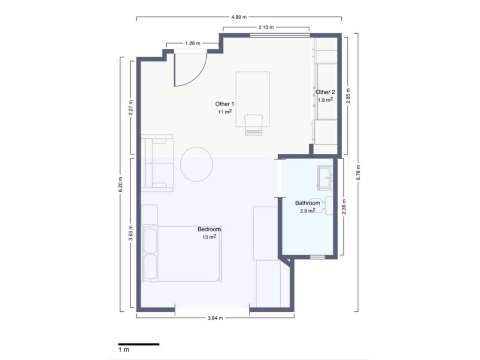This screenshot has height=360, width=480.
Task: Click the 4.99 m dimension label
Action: [x=239, y=17]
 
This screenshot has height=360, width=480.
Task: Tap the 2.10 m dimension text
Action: [x=266, y=27]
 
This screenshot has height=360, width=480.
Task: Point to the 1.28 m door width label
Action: [x=193, y=43]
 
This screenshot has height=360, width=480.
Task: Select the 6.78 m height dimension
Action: [x=359, y=172]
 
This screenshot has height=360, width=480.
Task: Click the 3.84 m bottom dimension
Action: [x=215, y=318]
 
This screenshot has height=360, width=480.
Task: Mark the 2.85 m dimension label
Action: [x=348, y=96]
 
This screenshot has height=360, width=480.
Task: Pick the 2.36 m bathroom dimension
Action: [x=344, y=207]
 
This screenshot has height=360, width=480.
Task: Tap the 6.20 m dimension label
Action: [x=120, y=184]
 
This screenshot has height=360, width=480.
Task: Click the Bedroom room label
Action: [x=209, y=229]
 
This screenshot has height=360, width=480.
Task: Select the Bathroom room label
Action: [x=307, y=203]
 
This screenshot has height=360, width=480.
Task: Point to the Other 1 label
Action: [x=225, y=104]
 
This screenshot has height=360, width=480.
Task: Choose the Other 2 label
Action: [x=325, y=92]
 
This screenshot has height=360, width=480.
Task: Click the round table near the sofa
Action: [x=196, y=165]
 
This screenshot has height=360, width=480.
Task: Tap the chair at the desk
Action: [x=254, y=125]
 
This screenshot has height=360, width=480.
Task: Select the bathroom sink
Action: [x=325, y=177]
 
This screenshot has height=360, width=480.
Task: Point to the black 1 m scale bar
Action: [x=139, y=345]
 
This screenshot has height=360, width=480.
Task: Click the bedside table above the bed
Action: [x=150, y=215]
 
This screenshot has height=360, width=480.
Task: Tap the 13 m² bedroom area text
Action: [x=210, y=237]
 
